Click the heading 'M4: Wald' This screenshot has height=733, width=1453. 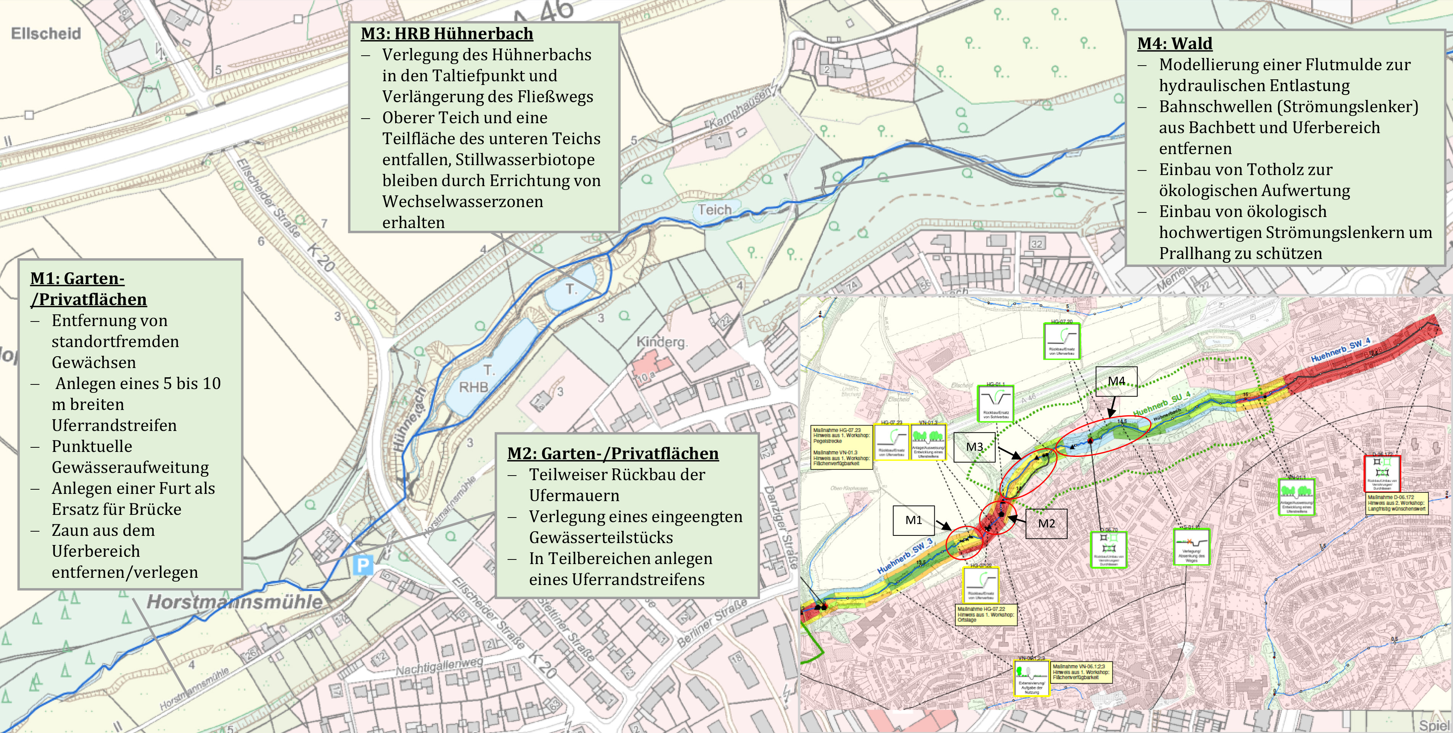(1174, 43)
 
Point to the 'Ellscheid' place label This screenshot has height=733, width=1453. (46, 33)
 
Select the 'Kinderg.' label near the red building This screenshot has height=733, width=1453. (662, 342)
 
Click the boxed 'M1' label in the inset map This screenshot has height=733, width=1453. (913, 520)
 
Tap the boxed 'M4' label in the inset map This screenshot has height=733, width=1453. (1116, 381)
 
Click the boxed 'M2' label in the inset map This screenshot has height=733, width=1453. (1046, 524)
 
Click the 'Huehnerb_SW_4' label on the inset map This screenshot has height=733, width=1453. (1340, 350)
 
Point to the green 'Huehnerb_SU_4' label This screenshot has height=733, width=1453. (1161, 404)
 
